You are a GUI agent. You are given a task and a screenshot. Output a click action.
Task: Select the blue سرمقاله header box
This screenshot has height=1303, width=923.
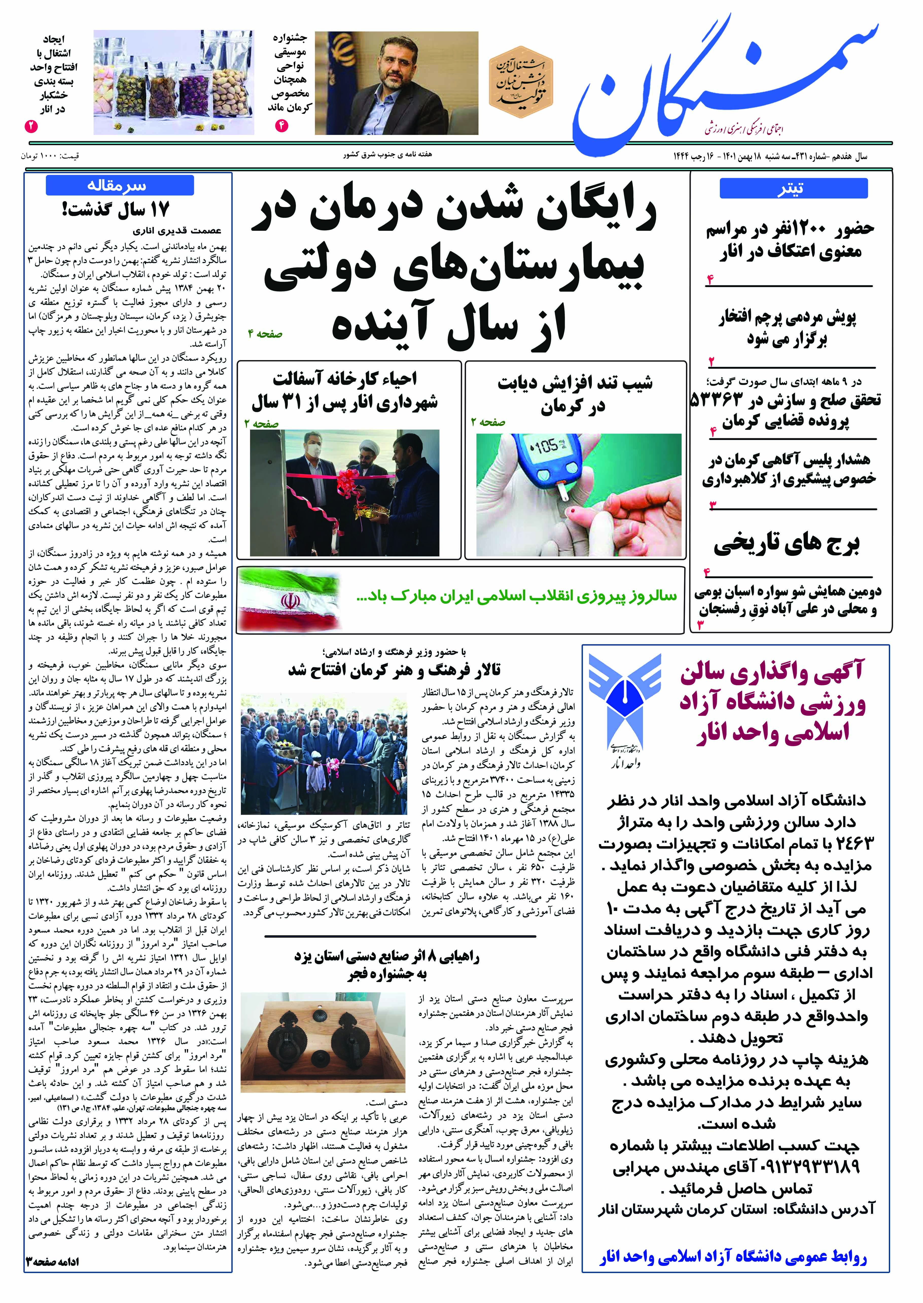coord(119,185)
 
